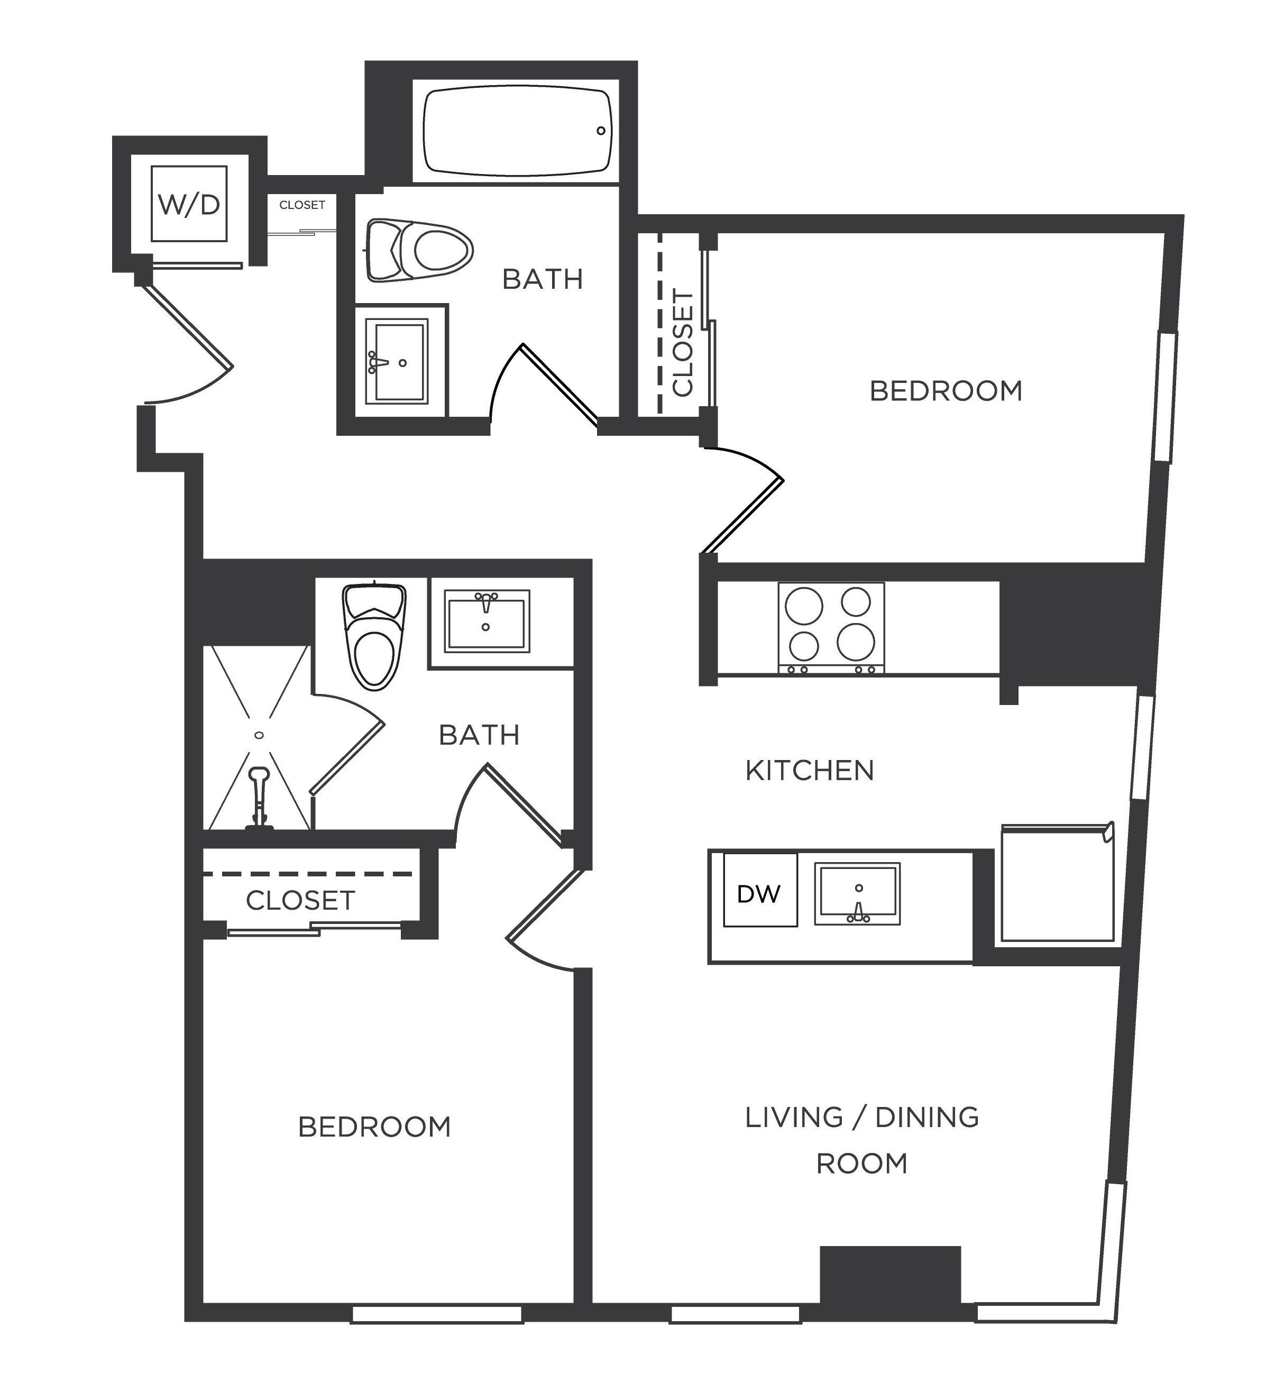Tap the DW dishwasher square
[x=759, y=890]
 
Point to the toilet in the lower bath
[x=374, y=635]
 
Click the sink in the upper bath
[x=397, y=361]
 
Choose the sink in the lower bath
[x=487, y=620]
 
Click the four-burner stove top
[x=831, y=627]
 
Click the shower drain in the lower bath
[x=260, y=736]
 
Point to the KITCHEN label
[x=809, y=771]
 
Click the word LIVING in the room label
[x=793, y=1117]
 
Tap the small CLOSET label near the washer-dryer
[x=302, y=205]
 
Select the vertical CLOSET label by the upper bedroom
[x=682, y=343]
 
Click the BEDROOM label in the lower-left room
[x=374, y=1127]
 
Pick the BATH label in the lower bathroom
[x=479, y=736]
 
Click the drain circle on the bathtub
[x=600, y=131]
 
